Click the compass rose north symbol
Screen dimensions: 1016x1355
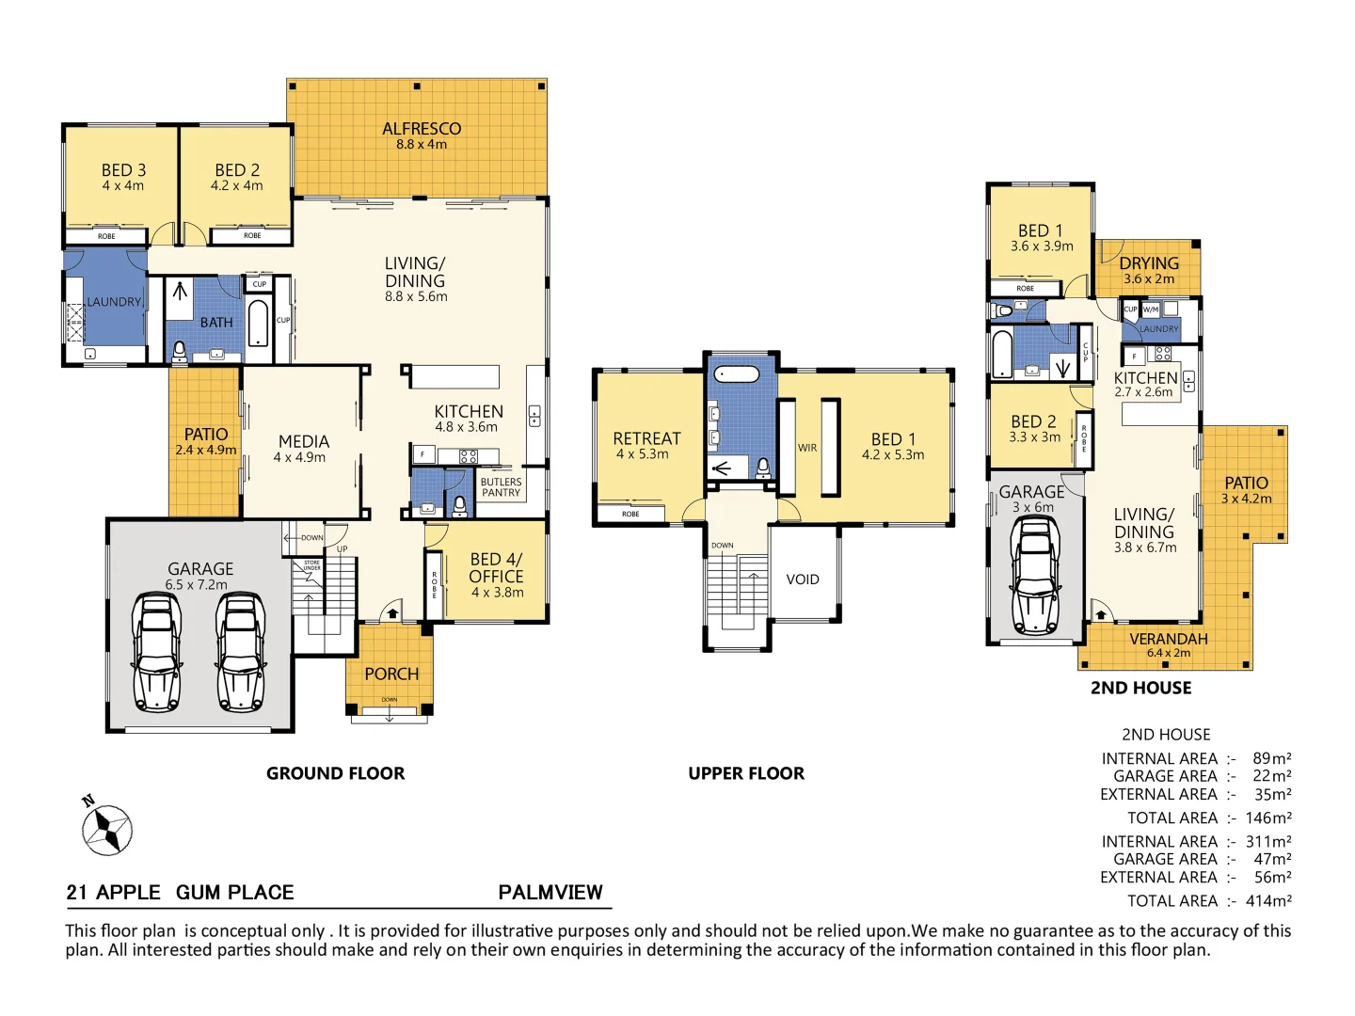[x=106, y=829]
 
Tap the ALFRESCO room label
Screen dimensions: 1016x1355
[x=422, y=129]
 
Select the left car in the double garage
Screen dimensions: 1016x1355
[x=157, y=651]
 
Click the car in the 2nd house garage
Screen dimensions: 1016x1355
[x=1035, y=575]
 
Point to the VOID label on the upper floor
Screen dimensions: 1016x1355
[x=803, y=579]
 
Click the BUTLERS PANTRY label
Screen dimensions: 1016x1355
[x=501, y=487]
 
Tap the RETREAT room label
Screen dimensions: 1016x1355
[x=646, y=438]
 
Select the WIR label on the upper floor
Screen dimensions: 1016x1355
[x=807, y=448]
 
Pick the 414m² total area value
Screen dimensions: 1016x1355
[x=1267, y=901]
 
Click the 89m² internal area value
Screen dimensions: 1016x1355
[x=1271, y=758]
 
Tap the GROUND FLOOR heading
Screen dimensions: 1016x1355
[x=335, y=773]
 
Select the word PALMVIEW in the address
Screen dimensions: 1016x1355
[x=550, y=892]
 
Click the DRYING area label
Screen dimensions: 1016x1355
[x=1149, y=263]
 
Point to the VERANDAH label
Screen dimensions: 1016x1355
[x=1169, y=639]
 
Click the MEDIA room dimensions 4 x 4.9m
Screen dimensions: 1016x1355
[x=299, y=457]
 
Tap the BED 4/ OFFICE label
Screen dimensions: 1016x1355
[x=496, y=568]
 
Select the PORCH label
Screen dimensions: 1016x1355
[x=391, y=674]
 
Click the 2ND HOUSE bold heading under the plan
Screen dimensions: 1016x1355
[x=1140, y=688]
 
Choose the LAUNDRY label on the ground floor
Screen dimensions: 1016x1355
[x=114, y=302]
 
